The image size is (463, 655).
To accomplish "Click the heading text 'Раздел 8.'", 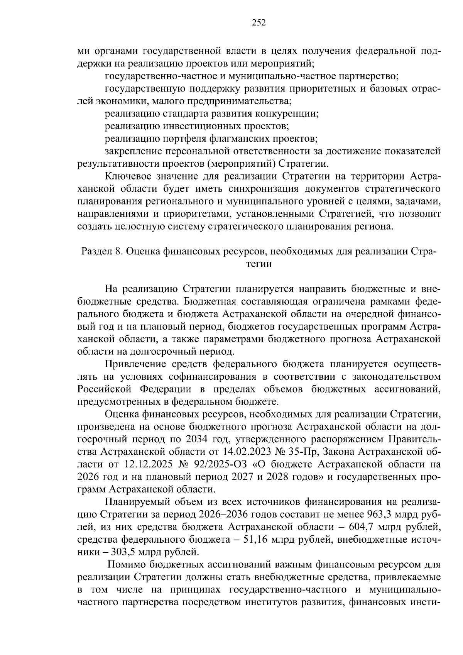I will (x=101, y=252).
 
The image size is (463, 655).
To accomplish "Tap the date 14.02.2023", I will (x=245, y=452).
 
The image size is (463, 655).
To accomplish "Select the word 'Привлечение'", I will (x=131, y=364).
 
